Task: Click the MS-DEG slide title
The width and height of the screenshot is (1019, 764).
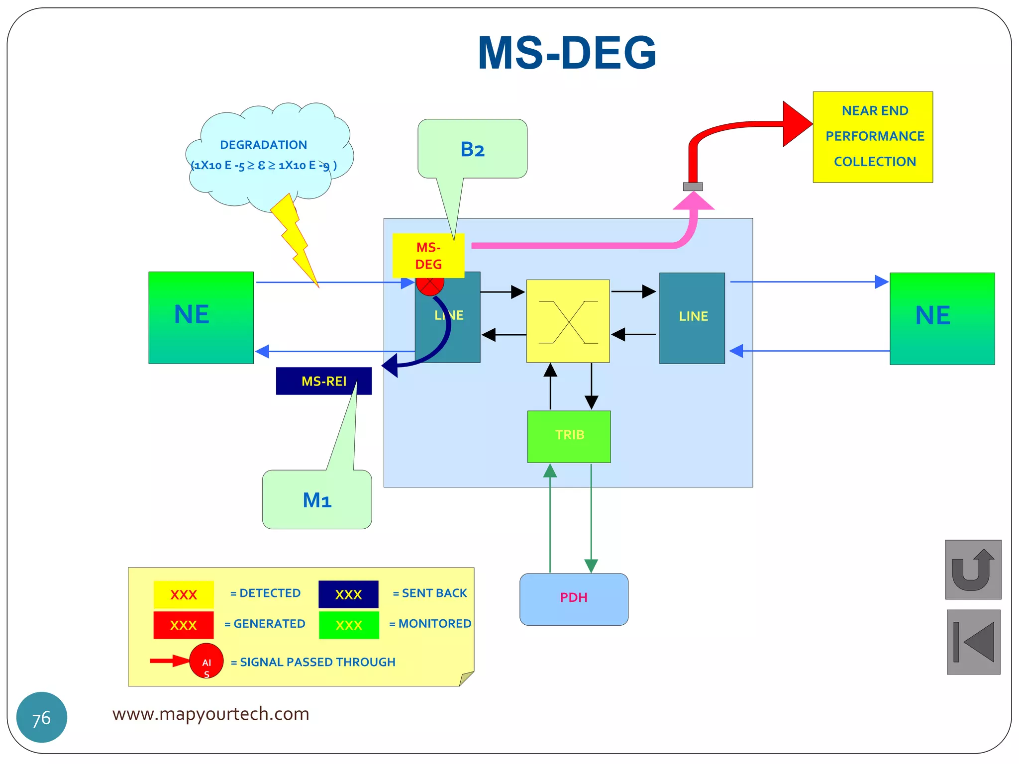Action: pos(567,53)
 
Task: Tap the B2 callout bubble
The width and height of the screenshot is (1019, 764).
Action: pos(472,149)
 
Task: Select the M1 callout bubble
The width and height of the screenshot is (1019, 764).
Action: pos(317,499)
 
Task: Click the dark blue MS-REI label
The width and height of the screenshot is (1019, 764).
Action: pos(323,381)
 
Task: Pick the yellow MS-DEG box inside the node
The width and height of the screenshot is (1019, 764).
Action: pos(428,255)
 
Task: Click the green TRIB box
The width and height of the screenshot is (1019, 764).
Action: pos(569,436)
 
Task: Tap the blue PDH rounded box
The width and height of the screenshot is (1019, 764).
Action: pos(574,599)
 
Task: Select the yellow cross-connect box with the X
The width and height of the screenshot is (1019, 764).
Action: pos(568,321)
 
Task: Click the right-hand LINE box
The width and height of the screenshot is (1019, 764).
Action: pos(692,318)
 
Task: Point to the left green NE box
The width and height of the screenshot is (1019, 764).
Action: pos(201,317)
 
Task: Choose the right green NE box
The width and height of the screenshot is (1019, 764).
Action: pos(942,318)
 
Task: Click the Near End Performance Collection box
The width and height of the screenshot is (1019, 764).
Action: pos(872,137)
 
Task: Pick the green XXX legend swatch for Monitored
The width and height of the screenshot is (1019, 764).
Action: pos(349,625)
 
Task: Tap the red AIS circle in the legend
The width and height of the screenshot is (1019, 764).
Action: pos(206,661)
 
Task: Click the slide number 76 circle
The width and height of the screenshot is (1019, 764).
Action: pos(42,717)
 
